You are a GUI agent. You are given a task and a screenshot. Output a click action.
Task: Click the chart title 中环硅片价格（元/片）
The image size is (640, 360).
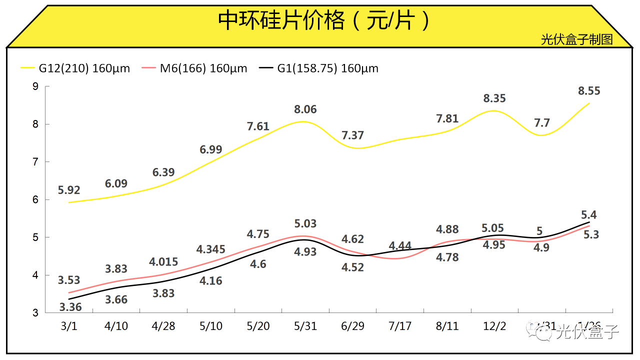[x=324, y=21]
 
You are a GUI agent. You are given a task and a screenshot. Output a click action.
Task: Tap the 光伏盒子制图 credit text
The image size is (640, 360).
[x=576, y=39]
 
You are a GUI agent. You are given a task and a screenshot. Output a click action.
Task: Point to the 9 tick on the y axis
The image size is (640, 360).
[x=35, y=86]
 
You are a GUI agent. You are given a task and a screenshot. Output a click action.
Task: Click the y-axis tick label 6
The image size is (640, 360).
[x=35, y=199]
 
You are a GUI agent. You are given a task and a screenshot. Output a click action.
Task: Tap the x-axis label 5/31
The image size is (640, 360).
[x=305, y=326]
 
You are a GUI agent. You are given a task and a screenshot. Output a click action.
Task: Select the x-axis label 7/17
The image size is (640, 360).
[x=400, y=326]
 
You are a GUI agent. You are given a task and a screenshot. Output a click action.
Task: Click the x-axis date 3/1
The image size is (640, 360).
[x=69, y=326]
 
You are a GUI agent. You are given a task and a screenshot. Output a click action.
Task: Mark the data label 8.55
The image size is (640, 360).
[x=589, y=91]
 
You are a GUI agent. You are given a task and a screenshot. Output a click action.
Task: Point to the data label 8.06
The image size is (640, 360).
[x=305, y=109]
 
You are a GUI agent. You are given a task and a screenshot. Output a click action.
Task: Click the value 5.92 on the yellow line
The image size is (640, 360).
[x=69, y=190]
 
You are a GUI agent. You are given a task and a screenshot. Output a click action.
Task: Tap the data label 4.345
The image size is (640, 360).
[x=211, y=249]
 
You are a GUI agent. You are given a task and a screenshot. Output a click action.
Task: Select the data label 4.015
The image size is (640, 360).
[x=163, y=262]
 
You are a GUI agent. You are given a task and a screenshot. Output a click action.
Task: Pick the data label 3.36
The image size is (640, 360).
[x=70, y=306]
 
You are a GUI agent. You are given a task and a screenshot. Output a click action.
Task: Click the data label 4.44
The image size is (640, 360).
[x=400, y=246]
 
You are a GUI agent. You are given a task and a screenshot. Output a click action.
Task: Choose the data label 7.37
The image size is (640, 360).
[x=353, y=135]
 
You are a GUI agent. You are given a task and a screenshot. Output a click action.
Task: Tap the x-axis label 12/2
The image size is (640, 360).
[x=494, y=326]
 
